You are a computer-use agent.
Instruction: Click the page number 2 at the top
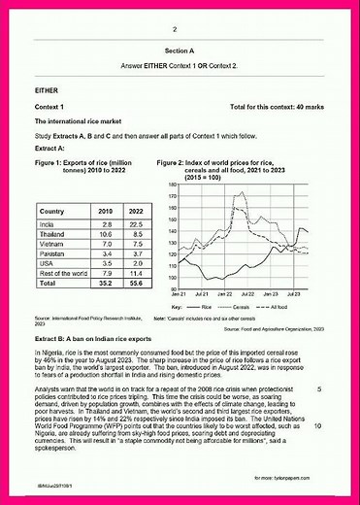[180, 29]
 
